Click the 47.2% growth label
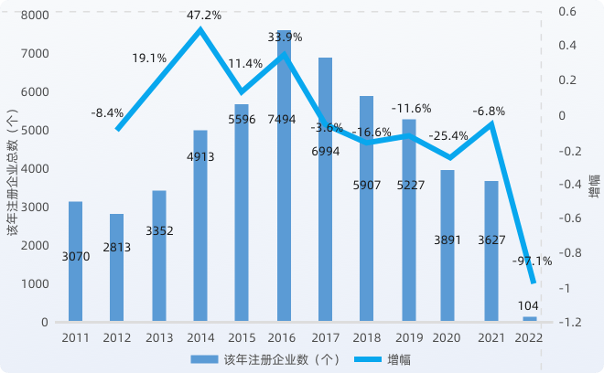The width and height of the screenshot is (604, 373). click(202, 16)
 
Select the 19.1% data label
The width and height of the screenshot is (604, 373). click(149, 58)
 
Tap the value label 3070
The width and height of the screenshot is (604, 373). click(75, 257)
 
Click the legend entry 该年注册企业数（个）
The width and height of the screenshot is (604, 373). click(275, 357)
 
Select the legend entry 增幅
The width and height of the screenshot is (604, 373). click(384, 357)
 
